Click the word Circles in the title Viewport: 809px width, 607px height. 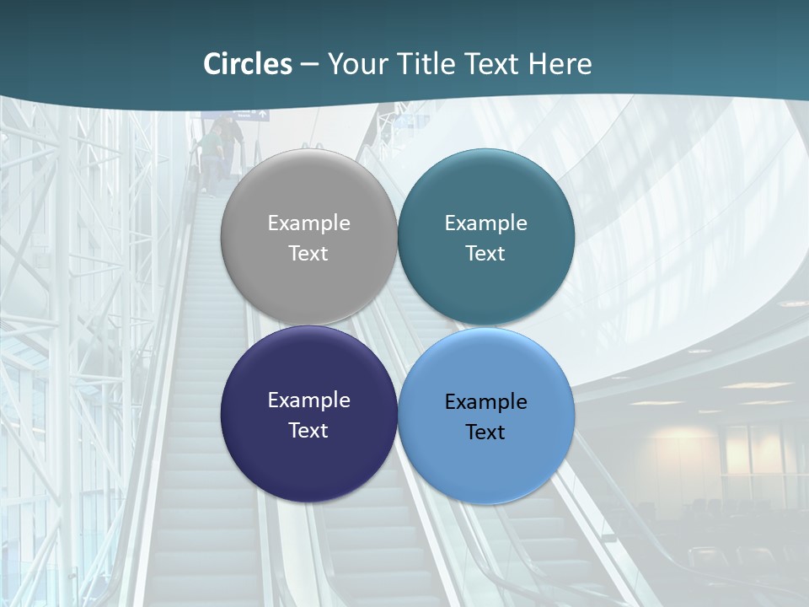coord(248,64)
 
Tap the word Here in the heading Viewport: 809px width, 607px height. coord(560,64)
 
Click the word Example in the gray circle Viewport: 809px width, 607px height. coord(308,223)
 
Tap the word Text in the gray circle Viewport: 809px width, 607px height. coord(308,254)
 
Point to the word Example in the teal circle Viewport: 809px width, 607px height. coord(486,223)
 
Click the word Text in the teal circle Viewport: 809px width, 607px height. coord(486,254)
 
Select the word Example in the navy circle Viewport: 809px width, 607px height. coord(308,400)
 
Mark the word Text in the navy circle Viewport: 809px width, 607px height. coord(308,431)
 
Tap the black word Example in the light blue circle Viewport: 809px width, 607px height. coord(486,402)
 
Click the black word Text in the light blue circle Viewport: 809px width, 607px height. coord(486,432)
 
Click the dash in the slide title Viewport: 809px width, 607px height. coord(309,65)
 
